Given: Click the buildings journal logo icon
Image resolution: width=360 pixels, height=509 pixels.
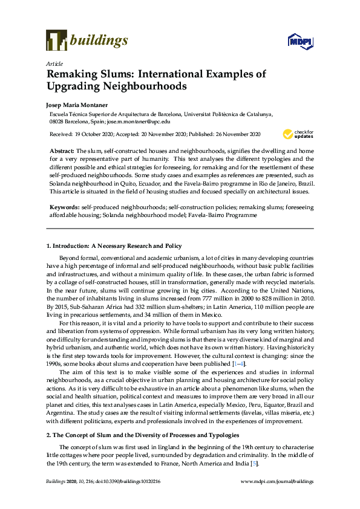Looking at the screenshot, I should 56,40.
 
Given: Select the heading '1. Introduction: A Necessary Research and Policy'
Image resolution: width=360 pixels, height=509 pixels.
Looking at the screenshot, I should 114,246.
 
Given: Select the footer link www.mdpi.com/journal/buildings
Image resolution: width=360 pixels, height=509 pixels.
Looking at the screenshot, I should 277,481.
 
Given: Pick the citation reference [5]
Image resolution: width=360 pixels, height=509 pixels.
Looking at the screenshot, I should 239,464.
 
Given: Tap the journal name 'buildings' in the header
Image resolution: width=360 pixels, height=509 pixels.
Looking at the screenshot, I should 99,41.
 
